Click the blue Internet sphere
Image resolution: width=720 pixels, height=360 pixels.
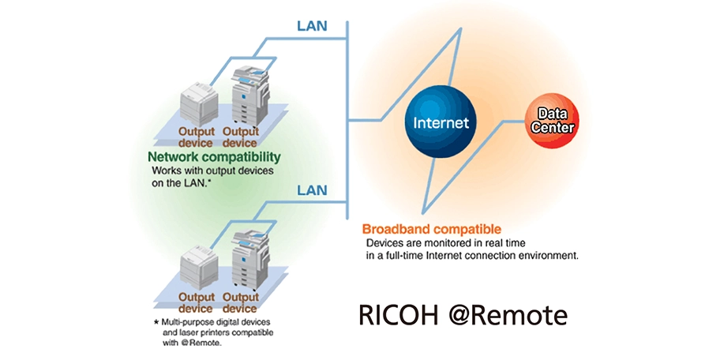(441, 122)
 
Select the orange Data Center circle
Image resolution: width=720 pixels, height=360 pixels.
(552, 121)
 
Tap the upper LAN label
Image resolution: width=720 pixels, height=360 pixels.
(312, 25)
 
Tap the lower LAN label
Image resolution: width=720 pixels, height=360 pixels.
(312, 189)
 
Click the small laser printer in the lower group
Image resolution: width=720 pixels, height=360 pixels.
(197, 267)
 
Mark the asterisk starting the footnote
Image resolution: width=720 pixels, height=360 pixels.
(156, 323)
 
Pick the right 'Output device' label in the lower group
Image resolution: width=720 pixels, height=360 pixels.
(240, 302)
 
